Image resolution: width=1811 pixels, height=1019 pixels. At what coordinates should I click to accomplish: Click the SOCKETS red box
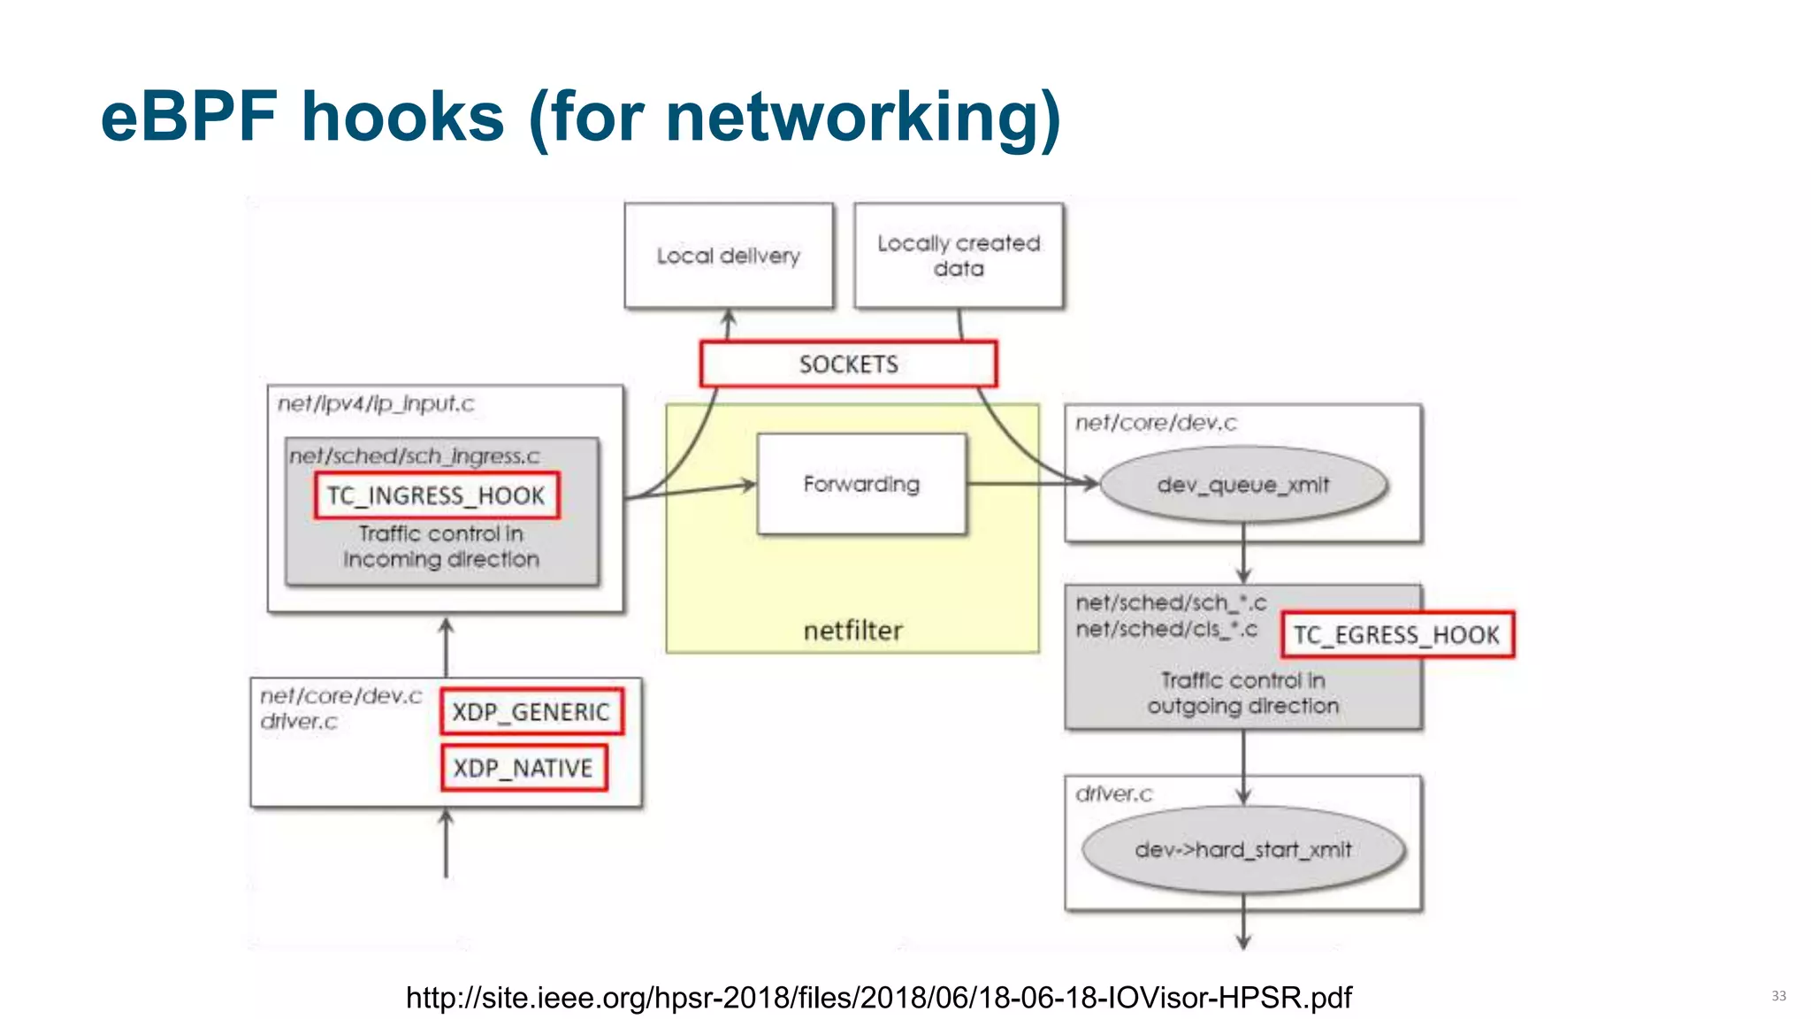tap(848, 364)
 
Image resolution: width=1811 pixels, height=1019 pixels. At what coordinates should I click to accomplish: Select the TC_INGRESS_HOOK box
tap(436, 495)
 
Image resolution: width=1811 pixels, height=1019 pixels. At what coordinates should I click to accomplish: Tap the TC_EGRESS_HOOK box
tap(1397, 634)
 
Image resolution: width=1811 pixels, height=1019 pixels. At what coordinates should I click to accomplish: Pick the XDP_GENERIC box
tap(531, 712)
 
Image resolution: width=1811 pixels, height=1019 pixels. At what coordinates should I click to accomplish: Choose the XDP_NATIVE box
tap(523, 768)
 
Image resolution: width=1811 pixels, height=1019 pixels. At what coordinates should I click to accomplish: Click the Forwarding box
tap(861, 484)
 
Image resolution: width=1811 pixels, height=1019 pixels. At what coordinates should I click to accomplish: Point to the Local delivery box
tap(728, 256)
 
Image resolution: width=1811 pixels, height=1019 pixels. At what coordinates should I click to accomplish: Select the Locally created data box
tap(959, 256)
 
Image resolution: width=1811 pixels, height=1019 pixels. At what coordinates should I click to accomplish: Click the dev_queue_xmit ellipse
tap(1242, 485)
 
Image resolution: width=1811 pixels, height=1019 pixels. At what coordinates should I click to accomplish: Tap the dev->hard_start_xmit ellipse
tap(1242, 849)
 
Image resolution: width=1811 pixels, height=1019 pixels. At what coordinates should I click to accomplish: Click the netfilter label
tap(852, 631)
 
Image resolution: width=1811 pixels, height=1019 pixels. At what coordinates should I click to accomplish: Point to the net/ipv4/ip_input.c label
tap(376, 404)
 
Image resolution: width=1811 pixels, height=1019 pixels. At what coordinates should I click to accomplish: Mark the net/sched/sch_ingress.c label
tap(414, 456)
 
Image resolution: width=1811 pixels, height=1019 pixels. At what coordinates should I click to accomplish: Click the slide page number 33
tap(1778, 996)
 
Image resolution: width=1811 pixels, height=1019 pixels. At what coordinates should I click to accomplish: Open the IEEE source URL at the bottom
tap(878, 998)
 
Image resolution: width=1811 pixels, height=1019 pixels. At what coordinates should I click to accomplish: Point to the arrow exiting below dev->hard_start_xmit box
tap(1243, 929)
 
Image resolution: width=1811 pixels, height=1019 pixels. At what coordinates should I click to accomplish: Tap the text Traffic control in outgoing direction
tap(1242, 693)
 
